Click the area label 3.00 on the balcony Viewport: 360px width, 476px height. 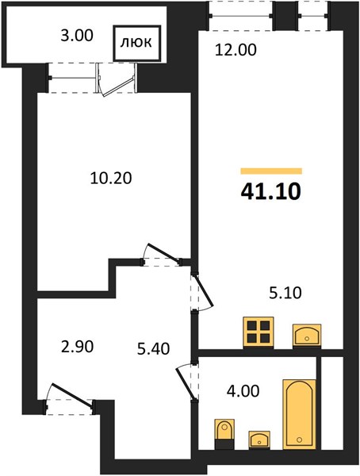point(77,36)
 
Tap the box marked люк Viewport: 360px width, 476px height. point(136,43)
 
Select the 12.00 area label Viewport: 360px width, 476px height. point(236,50)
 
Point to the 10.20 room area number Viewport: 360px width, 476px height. point(111,178)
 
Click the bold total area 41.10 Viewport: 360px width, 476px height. point(270,191)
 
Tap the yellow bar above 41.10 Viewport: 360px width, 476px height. point(271,171)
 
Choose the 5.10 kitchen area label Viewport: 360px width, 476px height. point(285,293)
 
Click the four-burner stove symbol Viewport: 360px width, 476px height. point(259,332)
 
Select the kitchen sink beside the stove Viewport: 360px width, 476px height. point(307,335)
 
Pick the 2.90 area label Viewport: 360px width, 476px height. point(77,347)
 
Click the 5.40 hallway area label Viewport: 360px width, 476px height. point(153,349)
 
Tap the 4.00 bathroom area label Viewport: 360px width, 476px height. point(243,391)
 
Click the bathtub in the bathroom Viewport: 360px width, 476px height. point(299,414)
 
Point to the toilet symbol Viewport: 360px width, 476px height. point(224,433)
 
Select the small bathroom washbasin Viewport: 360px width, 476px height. point(259,440)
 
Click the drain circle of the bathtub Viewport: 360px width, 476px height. point(300,440)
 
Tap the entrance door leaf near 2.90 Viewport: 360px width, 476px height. point(72,394)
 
